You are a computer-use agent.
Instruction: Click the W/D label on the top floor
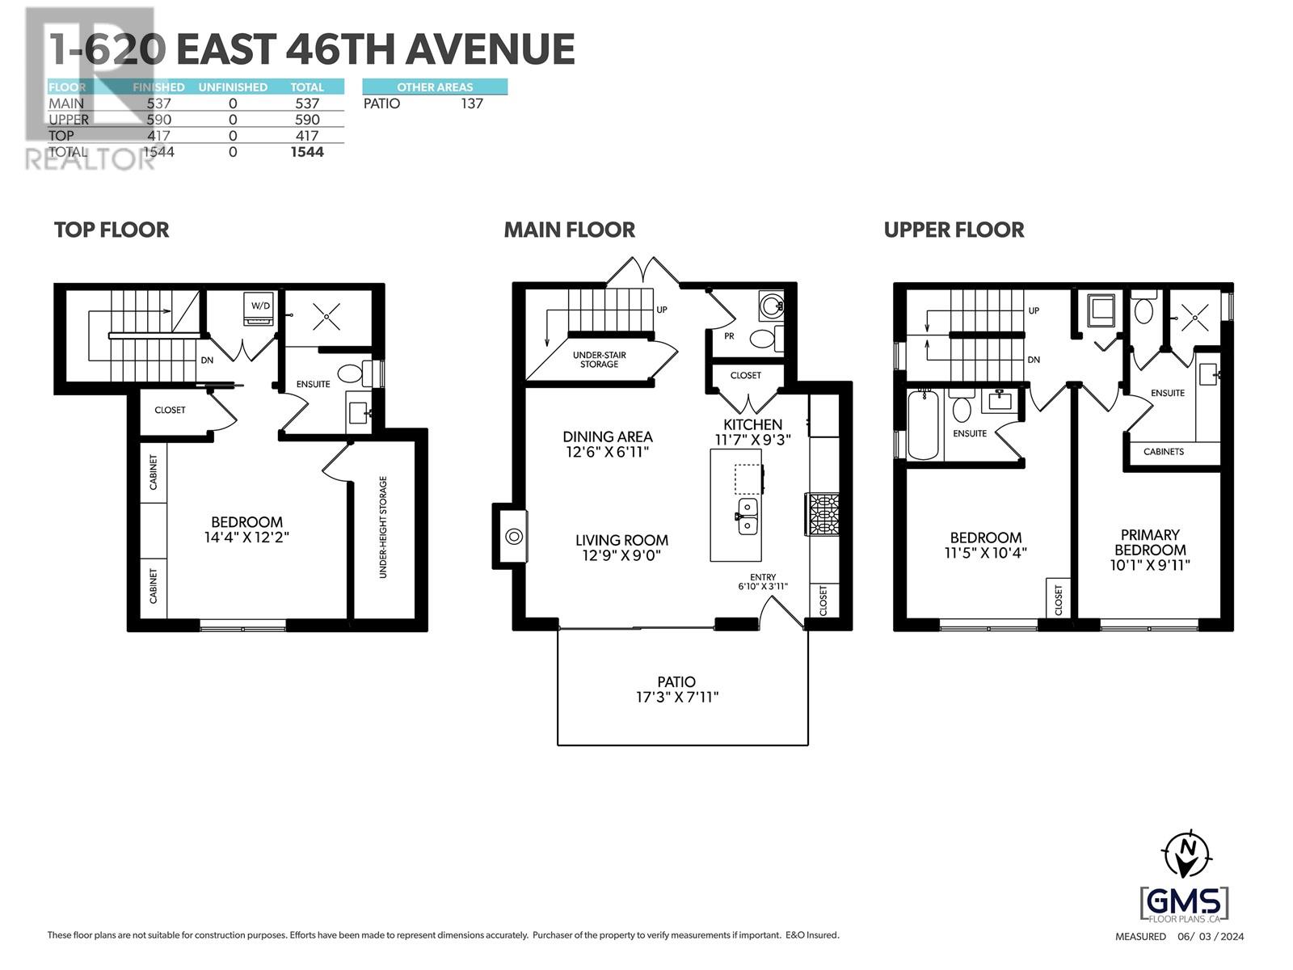(260, 306)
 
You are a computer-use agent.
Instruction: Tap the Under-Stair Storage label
(599, 360)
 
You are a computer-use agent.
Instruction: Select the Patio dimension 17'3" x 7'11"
(676, 697)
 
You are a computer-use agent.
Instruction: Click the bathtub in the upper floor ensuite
(923, 424)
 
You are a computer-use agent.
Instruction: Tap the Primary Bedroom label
(1149, 542)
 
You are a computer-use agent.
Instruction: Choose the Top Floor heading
(112, 230)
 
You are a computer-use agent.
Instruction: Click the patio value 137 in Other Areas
(471, 103)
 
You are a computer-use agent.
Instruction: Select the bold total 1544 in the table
(307, 152)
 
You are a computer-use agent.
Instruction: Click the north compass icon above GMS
(1186, 854)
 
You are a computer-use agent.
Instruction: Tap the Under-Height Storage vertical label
(384, 527)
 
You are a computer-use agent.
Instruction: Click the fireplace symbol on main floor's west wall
(513, 536)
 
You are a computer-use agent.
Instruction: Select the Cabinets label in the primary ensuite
(1164, 452)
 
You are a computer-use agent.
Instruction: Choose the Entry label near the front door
(762, 577)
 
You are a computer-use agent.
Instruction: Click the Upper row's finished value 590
(158, 120)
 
